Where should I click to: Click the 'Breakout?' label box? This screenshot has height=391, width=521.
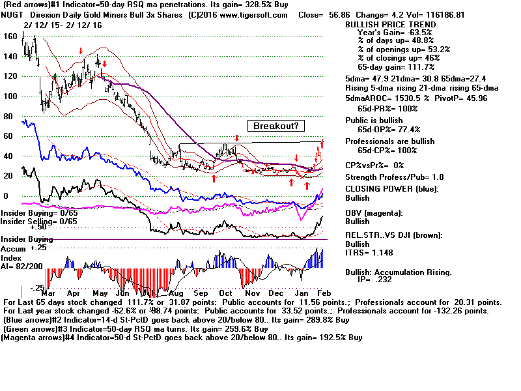276,126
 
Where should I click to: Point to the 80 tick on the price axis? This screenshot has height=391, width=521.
8,116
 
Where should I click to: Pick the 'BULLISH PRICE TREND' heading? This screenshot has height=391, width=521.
388,23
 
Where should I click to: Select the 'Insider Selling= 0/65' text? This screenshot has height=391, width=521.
39,222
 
